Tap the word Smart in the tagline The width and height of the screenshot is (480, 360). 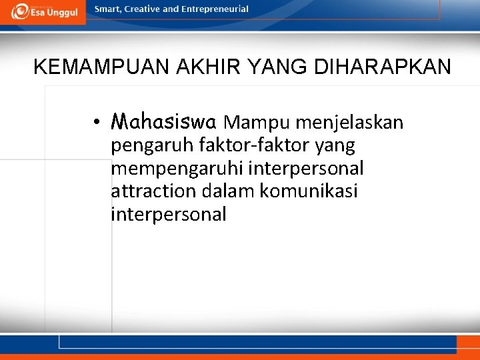109,9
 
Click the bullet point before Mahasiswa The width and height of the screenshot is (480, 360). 97,123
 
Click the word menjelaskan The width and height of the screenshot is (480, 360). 349,123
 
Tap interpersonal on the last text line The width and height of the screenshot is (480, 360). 168,215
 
